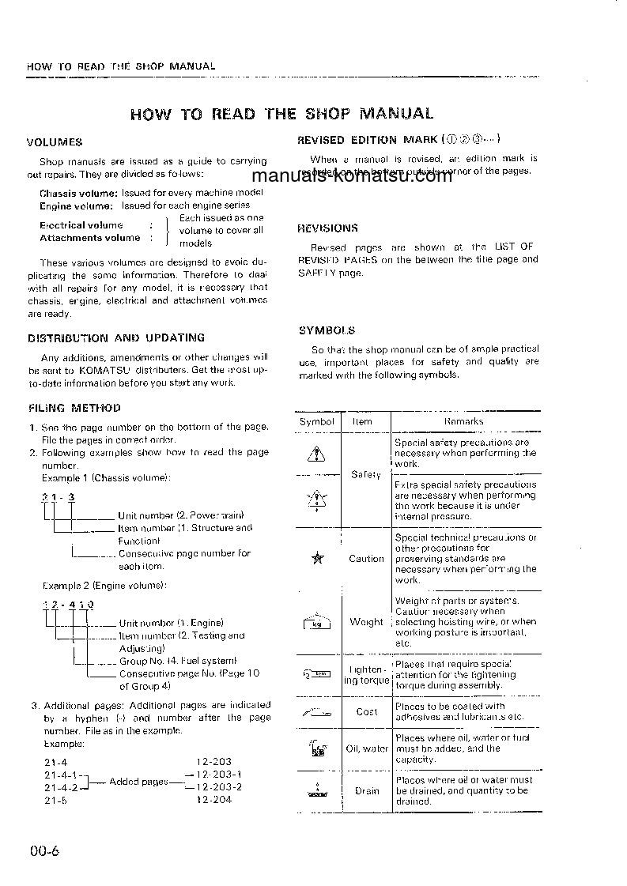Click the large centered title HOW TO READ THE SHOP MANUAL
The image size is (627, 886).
point(281,113)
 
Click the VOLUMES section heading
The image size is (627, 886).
point(55,143)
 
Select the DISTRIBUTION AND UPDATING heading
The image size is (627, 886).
point(116,337)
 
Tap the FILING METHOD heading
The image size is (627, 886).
point(74,409)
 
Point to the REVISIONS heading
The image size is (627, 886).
point(327,228)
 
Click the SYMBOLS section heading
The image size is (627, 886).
point(327,331)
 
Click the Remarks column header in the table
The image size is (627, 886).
point(464,421)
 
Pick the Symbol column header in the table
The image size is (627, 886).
point(316,421)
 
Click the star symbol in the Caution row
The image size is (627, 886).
point(317,559)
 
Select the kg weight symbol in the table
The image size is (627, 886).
point(316,622)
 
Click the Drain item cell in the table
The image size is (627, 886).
point(366,790)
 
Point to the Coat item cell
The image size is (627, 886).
point(366,711)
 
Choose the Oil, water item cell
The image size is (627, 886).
point(366,748)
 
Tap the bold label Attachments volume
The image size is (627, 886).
point(89,237)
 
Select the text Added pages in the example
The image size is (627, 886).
point(138,782)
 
